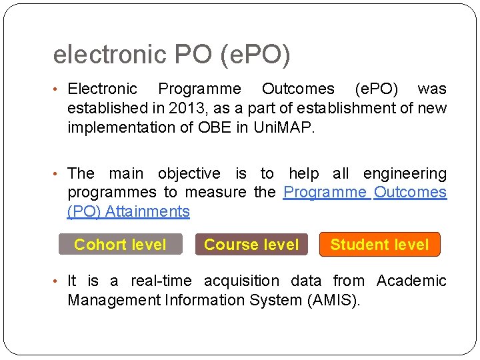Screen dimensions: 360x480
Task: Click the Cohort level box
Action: coord(120,245)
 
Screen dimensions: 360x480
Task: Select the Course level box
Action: coord(251,245)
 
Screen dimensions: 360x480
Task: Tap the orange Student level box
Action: coord(379,245)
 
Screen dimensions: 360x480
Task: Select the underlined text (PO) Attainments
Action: coord(129,212)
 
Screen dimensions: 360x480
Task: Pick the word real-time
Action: coord(161,281)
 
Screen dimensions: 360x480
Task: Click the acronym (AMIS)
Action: coord(333,300)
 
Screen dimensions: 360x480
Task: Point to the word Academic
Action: coord(411,281)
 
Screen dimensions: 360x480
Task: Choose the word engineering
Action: coord(405,174)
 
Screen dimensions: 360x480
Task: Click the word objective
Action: coord(189,174)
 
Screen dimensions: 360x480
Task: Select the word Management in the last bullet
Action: coord(113,300)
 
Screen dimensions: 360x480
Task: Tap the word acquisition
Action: coord(241,281)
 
